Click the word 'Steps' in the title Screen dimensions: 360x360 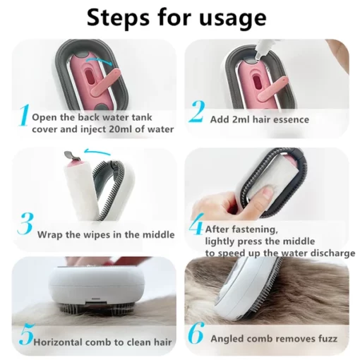tap(118, 18)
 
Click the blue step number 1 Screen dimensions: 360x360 tap(24, 115)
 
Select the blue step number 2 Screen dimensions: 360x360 tap(197, 112)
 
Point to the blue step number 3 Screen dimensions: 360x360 tap(25, 224)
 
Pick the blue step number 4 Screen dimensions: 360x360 tap(196, 224)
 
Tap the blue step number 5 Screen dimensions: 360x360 tap(27, 335)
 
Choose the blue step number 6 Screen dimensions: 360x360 tap(196, 333)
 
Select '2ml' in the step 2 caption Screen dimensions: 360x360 tap(241, 119)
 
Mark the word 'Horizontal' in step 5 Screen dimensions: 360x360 tap(58, 342)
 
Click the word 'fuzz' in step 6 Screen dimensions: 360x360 tap(328, 339)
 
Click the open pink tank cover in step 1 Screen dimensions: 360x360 tap(107, 83)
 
